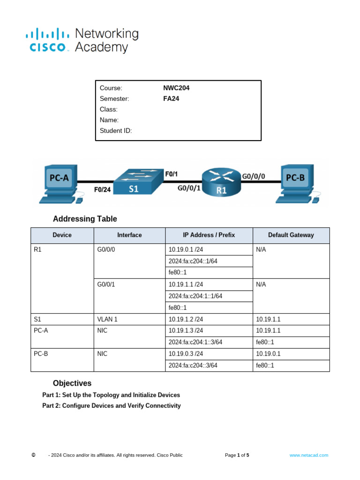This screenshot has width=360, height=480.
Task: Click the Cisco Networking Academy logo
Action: pyautogui.click(x=82, y=40)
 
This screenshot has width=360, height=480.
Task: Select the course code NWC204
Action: pyautogui.click(x=176, y=88)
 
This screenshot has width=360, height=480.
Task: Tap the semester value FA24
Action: pyautogui.click(x=171, y=99)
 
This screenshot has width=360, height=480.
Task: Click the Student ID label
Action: pyautogui.click(x=116, y=131)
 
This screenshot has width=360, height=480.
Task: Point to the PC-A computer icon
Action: pyautogui.click(x=60, y=183)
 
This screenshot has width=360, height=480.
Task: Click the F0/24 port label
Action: pyautogui.click(x=102, y=190)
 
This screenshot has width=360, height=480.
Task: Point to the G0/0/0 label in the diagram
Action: pyautogui.click(x=254, y=176)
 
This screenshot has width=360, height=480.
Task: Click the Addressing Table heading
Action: pyautogui.click(x=85, y=219)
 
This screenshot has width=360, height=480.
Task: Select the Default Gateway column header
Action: pyautogui.click(x=291, y=235)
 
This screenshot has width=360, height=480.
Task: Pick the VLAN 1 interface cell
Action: pyautogui.click(x=107, y=319)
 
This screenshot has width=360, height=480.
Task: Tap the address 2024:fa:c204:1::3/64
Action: pyautogui.click(x=195, y=342)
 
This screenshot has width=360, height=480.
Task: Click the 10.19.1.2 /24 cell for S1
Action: pyautogui.click(x=186, y=319)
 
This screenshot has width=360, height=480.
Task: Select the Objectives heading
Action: pyautogui.click(x=72, y=383)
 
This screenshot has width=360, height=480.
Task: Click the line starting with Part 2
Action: pyautogui.click(x=112, y=405)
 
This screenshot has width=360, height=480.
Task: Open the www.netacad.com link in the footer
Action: pyautogui.click(x=309, y=455)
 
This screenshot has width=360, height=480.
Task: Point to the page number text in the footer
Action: pyautogui.click(x=237, y=455)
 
